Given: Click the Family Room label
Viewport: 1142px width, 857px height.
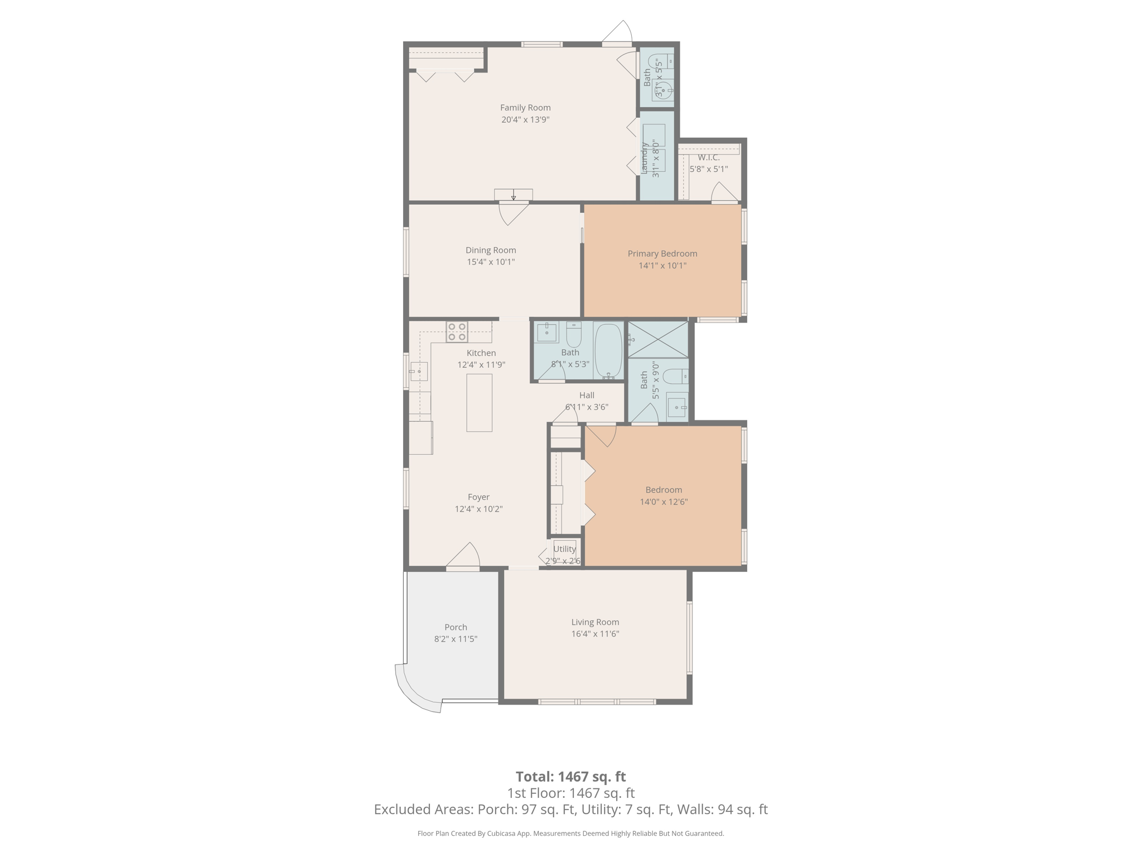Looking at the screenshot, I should tap(525, 108).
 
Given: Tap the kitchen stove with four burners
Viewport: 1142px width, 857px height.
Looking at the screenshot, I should tap(457, 332).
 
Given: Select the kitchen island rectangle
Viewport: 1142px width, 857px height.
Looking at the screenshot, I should tap(479, 402).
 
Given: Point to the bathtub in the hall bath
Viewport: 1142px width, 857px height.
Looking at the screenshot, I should tap(608, 351).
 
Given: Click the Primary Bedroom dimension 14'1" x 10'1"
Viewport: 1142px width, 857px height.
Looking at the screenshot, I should tap(662, 266).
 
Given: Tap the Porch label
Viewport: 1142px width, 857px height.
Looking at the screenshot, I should tap(456, 627).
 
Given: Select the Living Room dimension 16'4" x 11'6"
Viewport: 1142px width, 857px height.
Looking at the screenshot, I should tap(595, 634).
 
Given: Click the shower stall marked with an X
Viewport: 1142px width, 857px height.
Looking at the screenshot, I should tap(658, 339).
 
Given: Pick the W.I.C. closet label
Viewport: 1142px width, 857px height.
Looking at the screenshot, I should tap(708, 157).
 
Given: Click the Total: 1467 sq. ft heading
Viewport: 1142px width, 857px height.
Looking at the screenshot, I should tap(570, 777).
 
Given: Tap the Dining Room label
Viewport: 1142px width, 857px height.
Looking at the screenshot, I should tap(491, 250).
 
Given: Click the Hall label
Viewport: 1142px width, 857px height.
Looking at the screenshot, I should tap(587, 395).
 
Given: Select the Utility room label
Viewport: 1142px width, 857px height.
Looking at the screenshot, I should tap(564, 549).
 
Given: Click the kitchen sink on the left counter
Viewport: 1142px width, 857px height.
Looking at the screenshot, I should tap(419, 371).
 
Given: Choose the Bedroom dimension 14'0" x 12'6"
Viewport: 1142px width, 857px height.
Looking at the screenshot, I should tap(663, 502).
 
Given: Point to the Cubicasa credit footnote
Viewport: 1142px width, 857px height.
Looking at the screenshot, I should tap(570, 834).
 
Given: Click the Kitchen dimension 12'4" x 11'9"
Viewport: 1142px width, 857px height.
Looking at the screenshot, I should tap(481, 365).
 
